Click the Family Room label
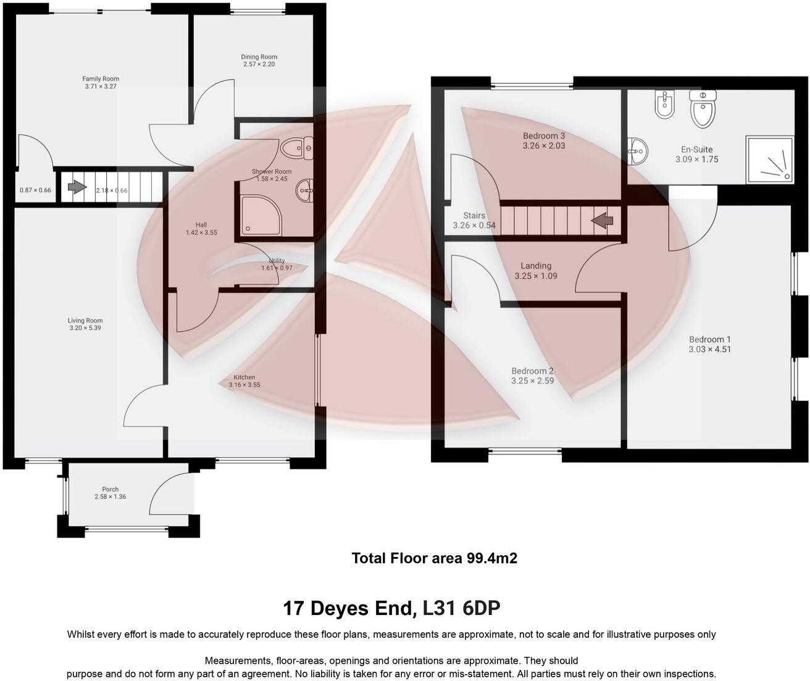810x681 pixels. tap(101, 78)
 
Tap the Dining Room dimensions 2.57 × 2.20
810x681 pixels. tap(259, 64)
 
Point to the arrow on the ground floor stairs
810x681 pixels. tap(77, 187)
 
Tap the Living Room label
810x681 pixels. tap(85, 320)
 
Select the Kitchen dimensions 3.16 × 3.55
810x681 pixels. tap(244, 385)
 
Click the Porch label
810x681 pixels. tap(110, 489)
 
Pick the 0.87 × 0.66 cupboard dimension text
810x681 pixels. tap(35, 190)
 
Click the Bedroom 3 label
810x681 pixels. tap(543, 136)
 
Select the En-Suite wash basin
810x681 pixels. tap(637, 149)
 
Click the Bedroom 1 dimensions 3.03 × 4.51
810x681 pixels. tap(710, 349)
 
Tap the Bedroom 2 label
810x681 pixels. tap(532, 371)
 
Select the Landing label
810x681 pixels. tap(535, 266)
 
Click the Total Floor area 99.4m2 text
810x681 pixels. tap(434, 558)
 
